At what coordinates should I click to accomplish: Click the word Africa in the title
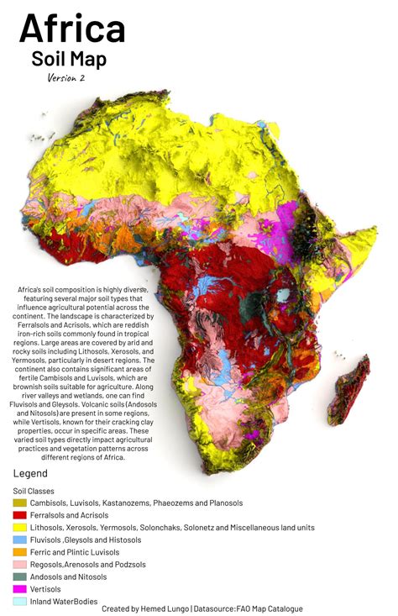coord(72,30)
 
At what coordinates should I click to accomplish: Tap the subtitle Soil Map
coord(69,61)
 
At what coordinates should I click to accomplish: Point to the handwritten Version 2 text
coord(66,78)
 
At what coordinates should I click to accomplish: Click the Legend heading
coord(30,474)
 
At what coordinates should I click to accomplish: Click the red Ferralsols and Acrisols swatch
coord(19,515)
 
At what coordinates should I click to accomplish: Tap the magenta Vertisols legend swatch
coord(19,589)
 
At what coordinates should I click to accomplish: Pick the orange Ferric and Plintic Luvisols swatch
coord(19,552)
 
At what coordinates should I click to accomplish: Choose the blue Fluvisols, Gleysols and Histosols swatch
coord(19,540)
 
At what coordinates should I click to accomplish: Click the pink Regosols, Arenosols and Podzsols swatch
coord(19,565)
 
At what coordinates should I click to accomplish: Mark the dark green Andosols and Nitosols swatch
coord(19,577)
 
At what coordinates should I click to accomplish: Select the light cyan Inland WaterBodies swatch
coord(19,601)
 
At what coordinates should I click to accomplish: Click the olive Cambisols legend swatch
coord(19,503)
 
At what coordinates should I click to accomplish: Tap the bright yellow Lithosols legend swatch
coord(19,527)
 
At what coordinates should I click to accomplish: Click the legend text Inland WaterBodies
coord(64,601)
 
